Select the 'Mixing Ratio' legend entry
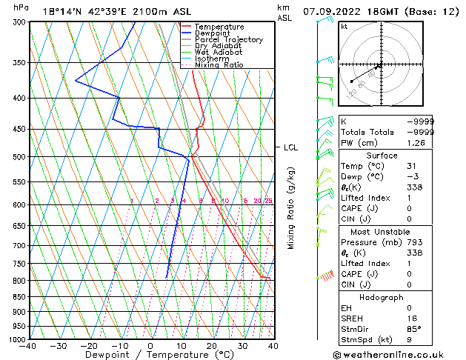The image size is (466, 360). click(219, 65)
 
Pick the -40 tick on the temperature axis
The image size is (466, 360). click(29, 346)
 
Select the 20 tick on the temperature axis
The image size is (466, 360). click(212, 346)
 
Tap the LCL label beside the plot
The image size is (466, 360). click(290, 147)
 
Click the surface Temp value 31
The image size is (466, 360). click(415, 167)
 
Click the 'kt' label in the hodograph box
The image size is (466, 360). click(344, 27)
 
